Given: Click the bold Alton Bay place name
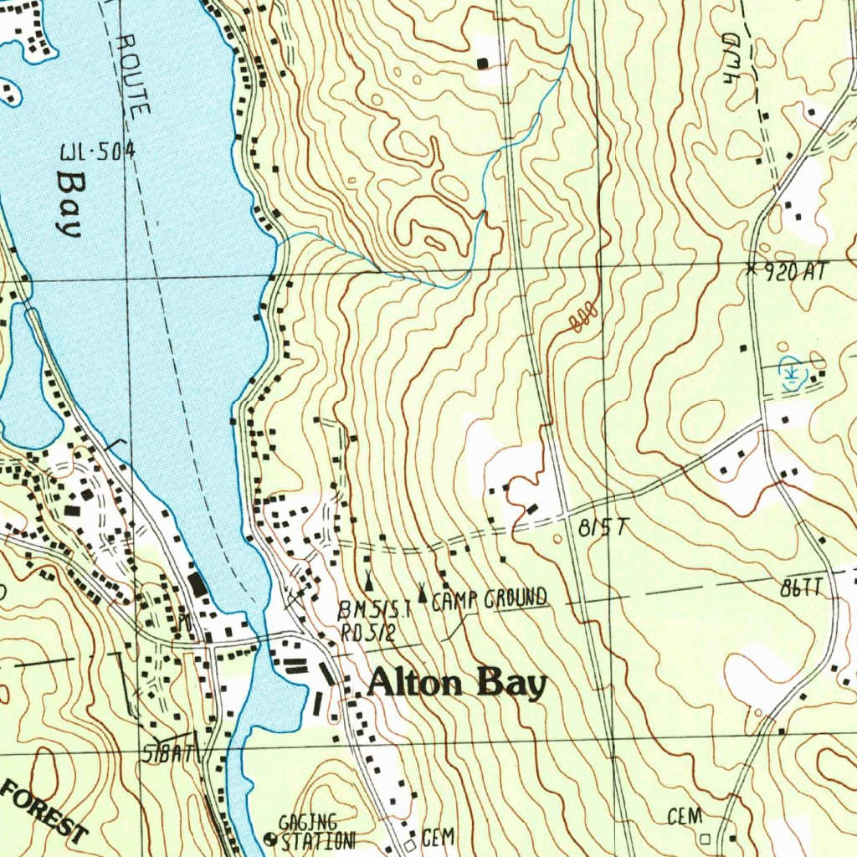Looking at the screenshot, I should point(457,684).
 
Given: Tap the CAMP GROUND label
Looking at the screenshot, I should point(490,598).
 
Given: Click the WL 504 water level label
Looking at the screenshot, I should point(97,153).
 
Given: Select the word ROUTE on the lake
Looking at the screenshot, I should point(134,74).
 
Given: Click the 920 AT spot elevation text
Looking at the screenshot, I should point(795,270).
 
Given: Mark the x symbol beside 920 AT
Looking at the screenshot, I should point(751,269).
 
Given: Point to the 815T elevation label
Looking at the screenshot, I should point(603,527).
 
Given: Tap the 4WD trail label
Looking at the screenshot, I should point(733,57).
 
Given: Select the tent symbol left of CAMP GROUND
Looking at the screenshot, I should point(423,595).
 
